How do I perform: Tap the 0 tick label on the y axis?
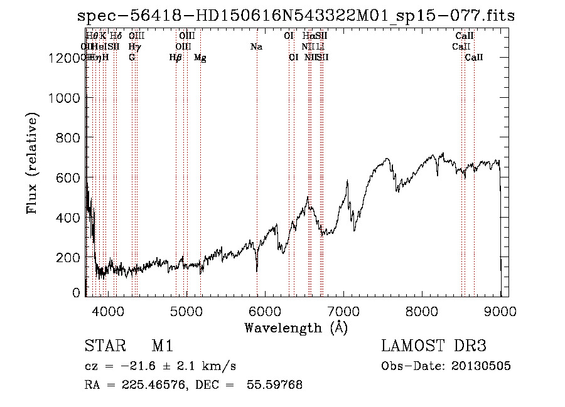pos(75,292)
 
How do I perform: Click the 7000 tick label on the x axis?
pos(343,310)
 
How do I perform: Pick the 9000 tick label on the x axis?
pos(500,310)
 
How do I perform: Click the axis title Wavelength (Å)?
pos(296,327)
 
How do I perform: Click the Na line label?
pos(256,47)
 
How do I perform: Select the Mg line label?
pos(200,58)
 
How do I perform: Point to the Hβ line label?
pos(176,58)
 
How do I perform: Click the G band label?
pos(132,58)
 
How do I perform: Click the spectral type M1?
pos(162,347)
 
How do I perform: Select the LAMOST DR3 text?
pos(433,347)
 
